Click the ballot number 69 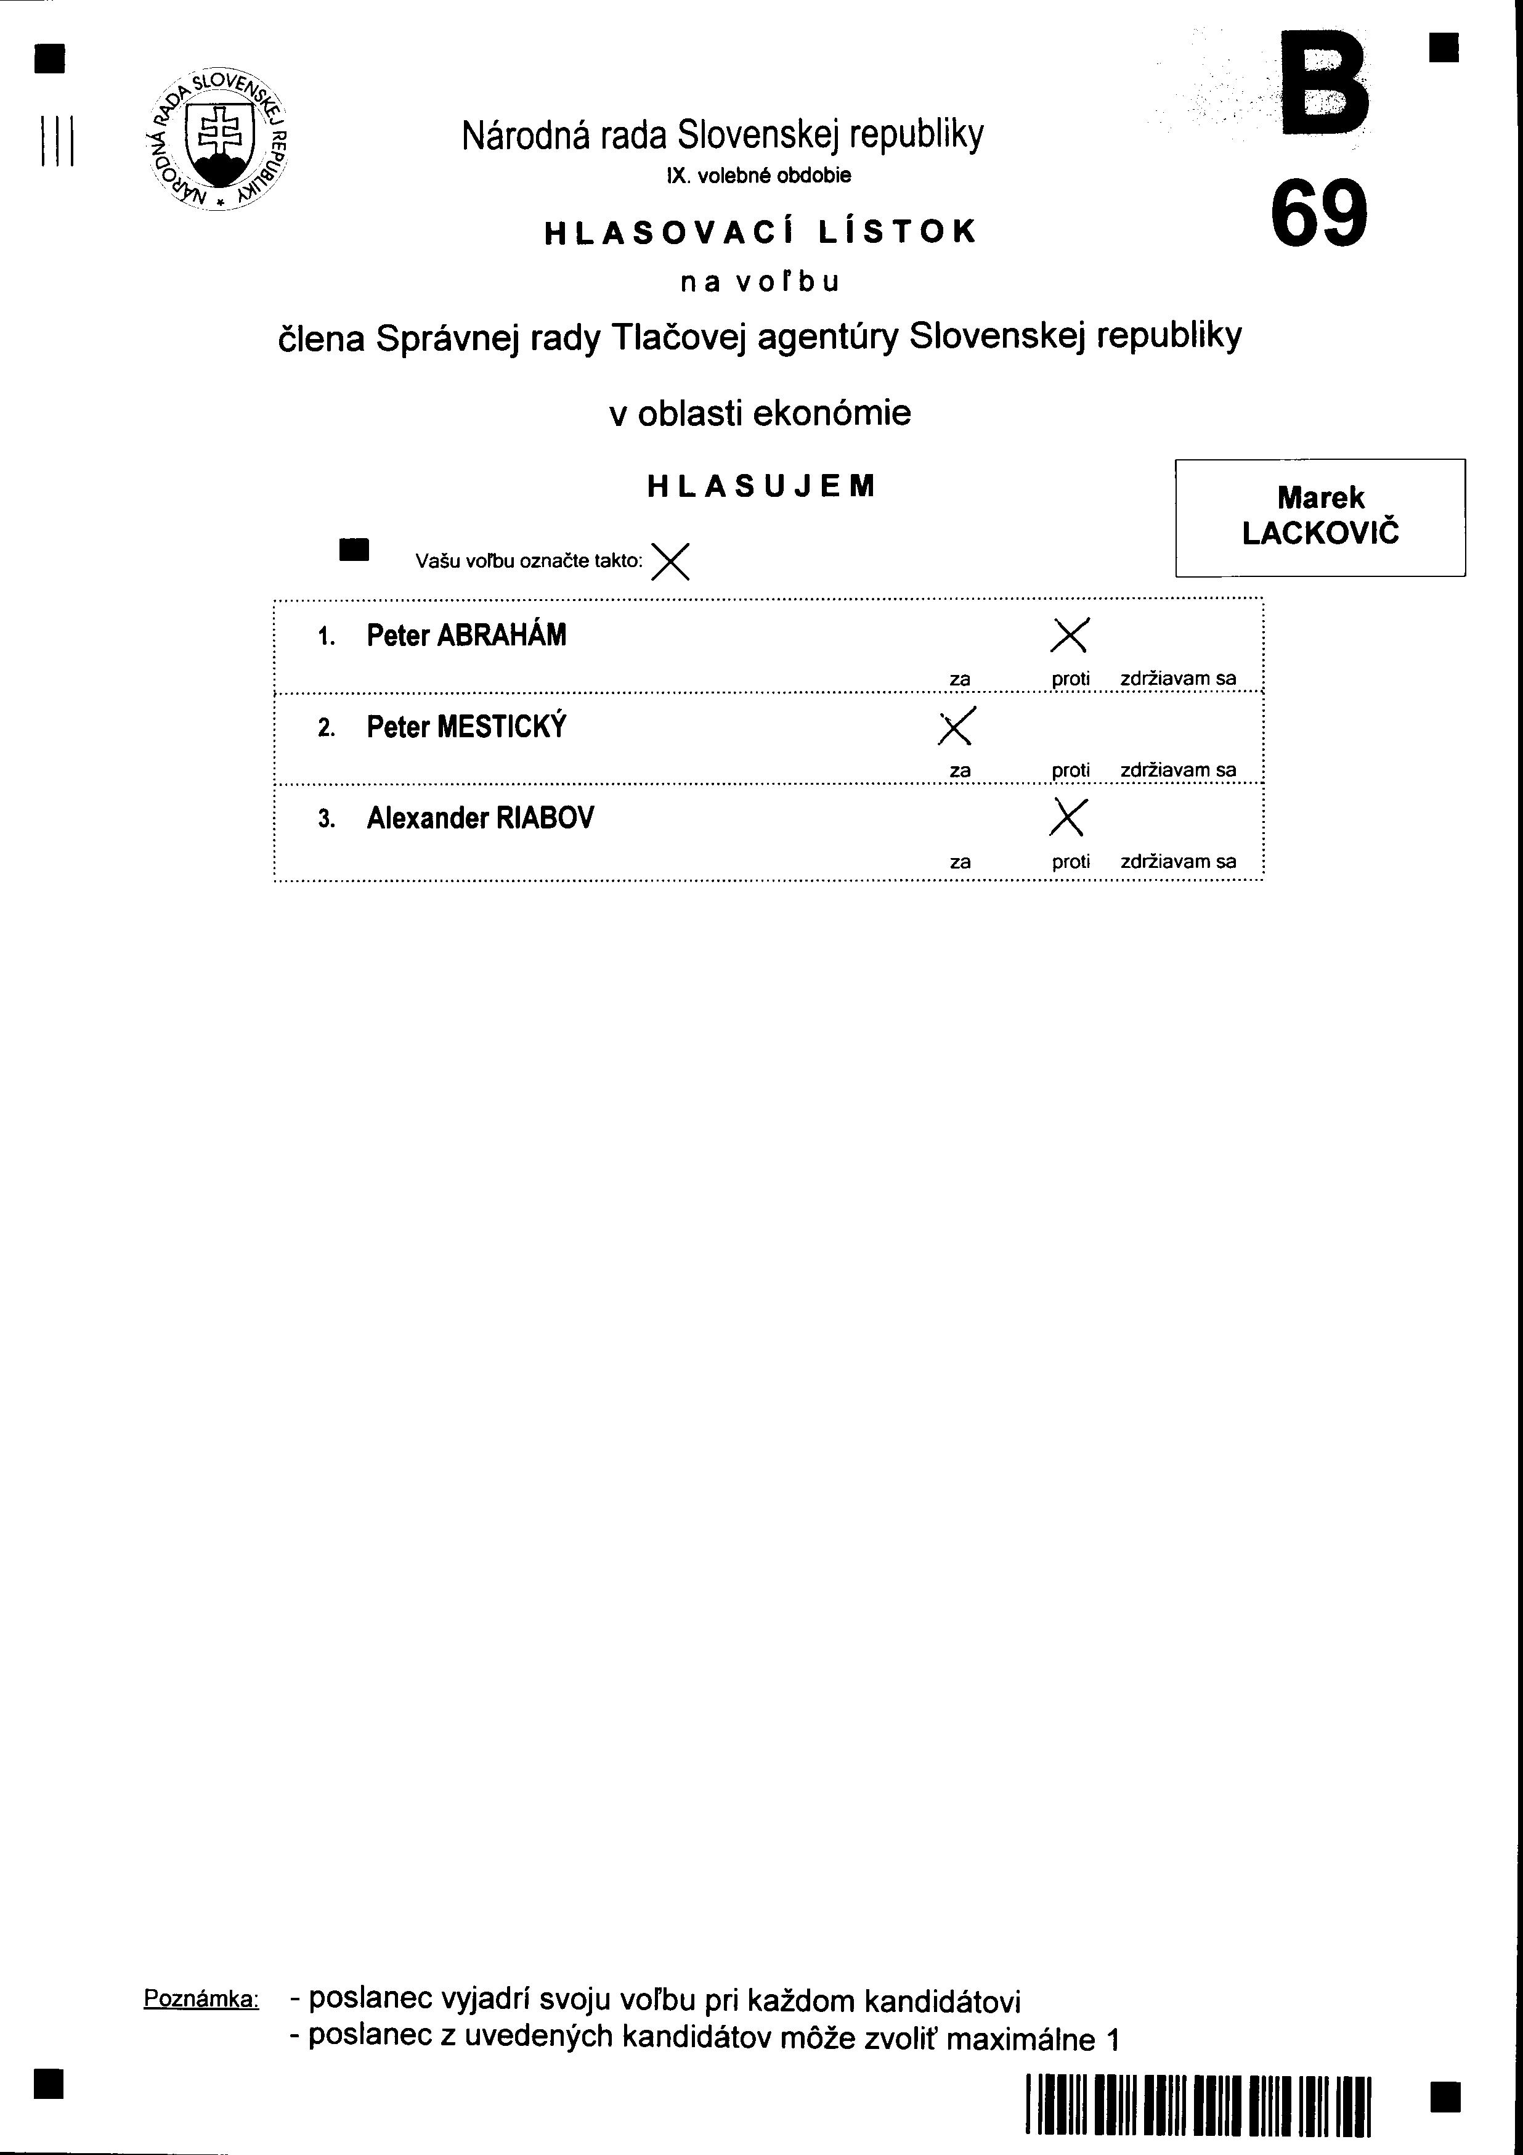point(1318,213)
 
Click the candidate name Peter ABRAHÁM point(466,636)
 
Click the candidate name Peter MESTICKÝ point(466,727)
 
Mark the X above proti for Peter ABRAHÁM point(1070,636)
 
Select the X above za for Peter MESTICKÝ point(957,726)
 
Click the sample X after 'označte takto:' point(670,562)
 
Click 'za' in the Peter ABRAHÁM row point(959,679)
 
